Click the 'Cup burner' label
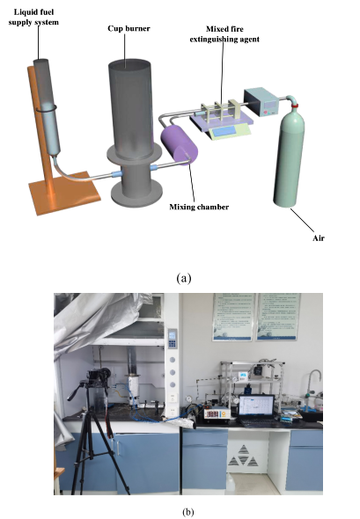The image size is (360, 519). pos(129,28)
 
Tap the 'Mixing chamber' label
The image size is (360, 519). pos(199,208)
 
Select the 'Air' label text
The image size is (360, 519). pos(319,238)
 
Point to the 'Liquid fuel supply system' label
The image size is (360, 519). pos(33,18)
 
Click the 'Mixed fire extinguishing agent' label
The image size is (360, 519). pos(224,34)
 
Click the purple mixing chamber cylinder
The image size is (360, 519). pos(179,145)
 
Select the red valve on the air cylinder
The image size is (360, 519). pos(294,106)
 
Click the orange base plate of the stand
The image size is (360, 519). pos(64,193)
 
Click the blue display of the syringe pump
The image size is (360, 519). pos(224,131)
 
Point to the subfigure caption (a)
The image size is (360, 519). pos(184,278)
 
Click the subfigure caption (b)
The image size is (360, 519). pos(188,512)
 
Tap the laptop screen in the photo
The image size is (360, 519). pos(256,406)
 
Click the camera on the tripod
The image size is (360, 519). pos(99,376)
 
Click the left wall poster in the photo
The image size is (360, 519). pos(234,317)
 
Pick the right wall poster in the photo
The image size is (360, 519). pos(279,317)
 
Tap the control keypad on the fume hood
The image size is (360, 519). pos(173,339)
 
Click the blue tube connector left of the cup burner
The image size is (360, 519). pos(116,173)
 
